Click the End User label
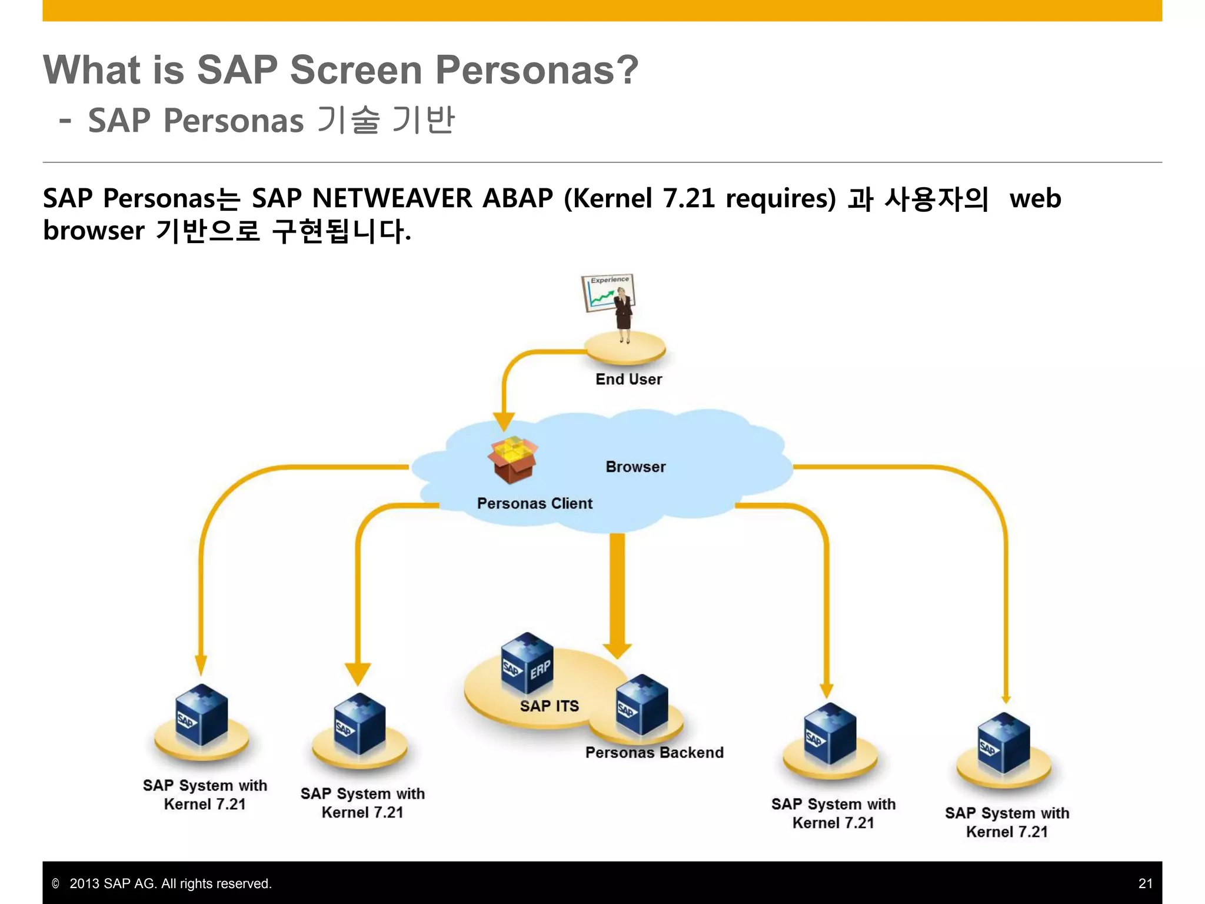point(628,380)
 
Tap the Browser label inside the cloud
point(635,467)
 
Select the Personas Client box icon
point(512,460)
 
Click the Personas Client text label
point(534,504)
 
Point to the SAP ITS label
point(549,706)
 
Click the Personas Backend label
point(654,753)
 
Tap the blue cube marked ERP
point(527,663)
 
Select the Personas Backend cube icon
point(642,705)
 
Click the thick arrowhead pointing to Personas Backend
point(617,650)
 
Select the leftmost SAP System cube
point(201,715)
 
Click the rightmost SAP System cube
point(1004,743)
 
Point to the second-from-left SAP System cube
point(359,723)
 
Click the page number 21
point(1145,883)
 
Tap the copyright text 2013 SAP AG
point(170,883)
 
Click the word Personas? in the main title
point(537,70)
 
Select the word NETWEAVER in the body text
point(391,198)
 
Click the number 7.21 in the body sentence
point(688,198)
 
